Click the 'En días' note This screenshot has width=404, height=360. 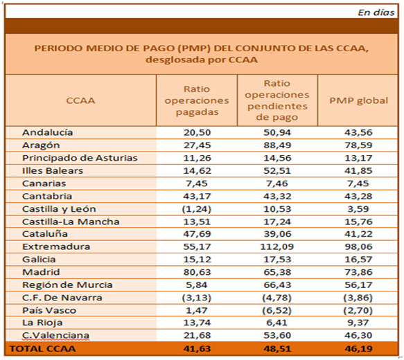pos(376,12)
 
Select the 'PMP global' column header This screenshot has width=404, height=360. pos(358,100)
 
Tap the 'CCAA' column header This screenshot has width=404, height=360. pos(80,100)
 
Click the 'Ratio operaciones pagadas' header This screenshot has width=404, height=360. pos(197,100)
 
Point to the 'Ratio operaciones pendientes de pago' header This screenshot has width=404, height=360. pos(277,100)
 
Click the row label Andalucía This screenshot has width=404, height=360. pos(48,132)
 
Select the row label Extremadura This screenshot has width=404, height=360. pos(56,246)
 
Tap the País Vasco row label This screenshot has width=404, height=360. pos(49,310)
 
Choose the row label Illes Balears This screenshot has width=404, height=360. pos(53,170)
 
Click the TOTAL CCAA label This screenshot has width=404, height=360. pos(43,349)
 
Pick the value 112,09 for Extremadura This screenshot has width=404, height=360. pos(277,246)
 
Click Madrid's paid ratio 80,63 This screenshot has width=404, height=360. pos(197,272)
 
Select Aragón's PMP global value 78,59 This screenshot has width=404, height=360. pos(358,145)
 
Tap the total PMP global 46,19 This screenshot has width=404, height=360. pos(358,349)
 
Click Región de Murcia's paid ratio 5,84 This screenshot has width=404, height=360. pos(197,285)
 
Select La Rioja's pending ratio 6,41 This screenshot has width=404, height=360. pos(277,323)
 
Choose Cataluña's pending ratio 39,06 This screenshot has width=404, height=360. pos(277,233)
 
